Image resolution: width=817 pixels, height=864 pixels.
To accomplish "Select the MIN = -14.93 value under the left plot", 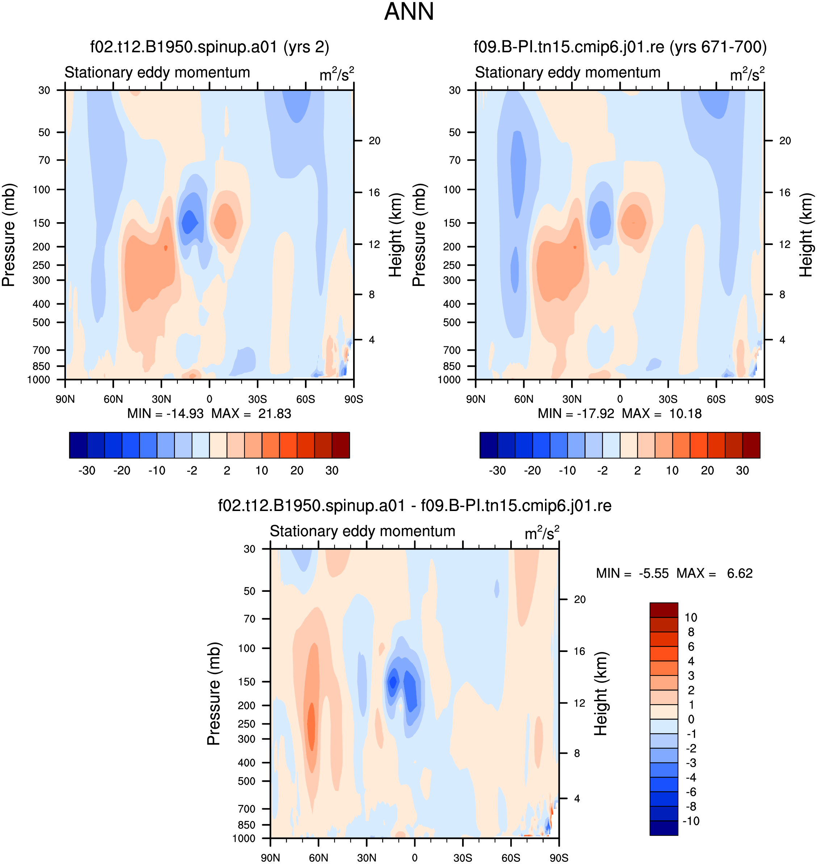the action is pyautogui.click(x=166, y=413).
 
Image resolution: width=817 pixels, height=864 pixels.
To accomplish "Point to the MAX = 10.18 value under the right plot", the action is pyautogui.click(x=662, y=413).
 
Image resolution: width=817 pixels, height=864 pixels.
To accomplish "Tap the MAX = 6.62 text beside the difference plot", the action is pyautogui.click(x=714, y=573).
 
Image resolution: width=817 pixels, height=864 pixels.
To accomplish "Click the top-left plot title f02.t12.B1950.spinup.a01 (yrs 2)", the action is pyautogui.click(x=209, y=47).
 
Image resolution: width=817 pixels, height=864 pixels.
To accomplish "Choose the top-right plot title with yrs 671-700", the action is pyautogui.click(x=620, y=47).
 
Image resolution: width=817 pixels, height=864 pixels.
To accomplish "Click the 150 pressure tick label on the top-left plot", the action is pyautogui.click(x=41, y=223).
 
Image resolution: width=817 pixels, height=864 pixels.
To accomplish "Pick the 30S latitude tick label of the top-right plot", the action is pyautogui.click(x=668, y=399).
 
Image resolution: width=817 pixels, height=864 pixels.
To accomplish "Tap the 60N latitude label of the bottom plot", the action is pyautogui.click(x=318, y=857).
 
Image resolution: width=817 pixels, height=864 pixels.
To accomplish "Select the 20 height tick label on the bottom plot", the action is pyautogui.click(x=580, y=599).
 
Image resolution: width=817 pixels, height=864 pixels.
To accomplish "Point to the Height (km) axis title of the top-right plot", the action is pyautogui.click(x=806, y=235).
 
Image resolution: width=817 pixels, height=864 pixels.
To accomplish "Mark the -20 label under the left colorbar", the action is pyautogui.click(x=122, y=470).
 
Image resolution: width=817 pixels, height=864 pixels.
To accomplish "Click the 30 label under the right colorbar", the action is pyautogui.click(x=742, y=470).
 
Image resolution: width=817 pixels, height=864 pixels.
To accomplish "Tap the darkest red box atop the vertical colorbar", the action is pyautogui.click(x=664, y=610).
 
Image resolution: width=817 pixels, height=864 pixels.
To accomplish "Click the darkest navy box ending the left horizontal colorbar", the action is pyautogui.click(x=78, y=445).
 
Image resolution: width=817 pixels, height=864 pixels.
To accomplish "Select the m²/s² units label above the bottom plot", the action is pyautogui.click(x=542, y=533).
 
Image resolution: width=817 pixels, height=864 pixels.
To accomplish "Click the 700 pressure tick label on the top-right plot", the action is pyautogui.click(x=452, y=350).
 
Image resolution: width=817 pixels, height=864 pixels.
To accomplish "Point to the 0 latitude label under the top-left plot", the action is pyautogui.click(x=209, y=399).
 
